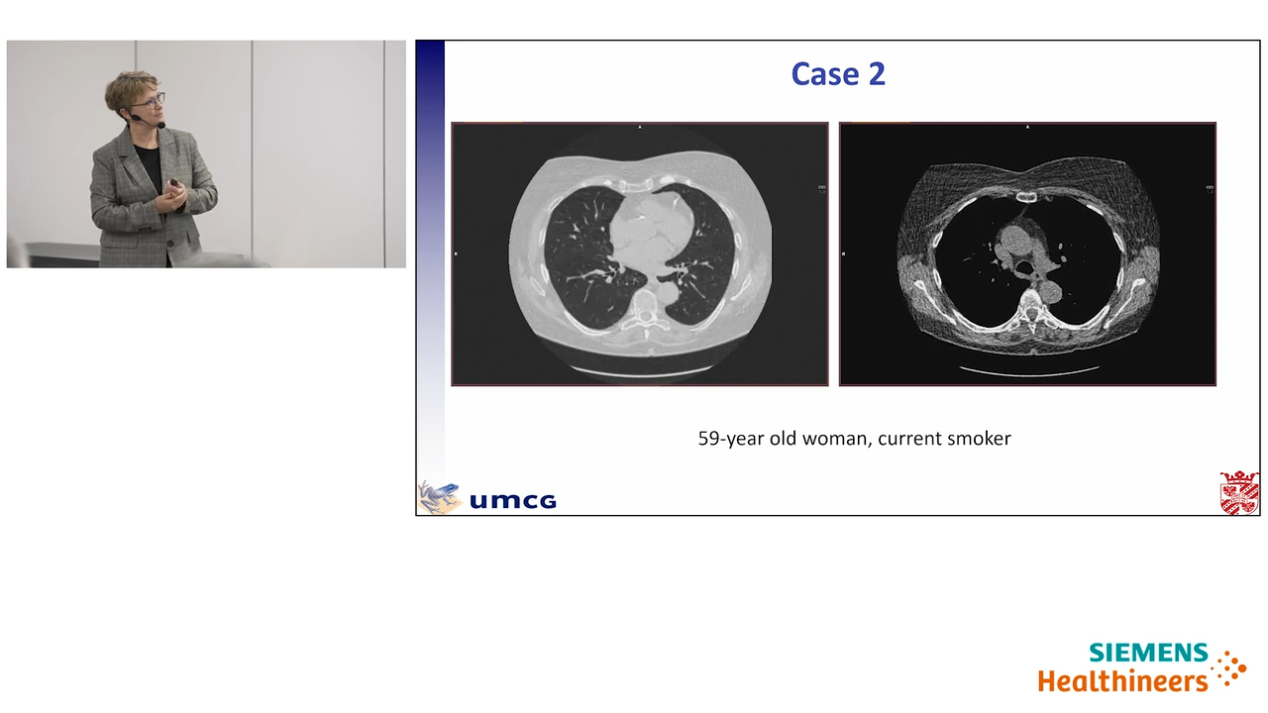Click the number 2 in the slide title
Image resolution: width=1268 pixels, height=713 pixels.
click(x=877, y=74)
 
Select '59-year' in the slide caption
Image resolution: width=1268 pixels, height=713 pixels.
click(x=731, y=439)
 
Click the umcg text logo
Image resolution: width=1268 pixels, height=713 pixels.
click(x=513, y=500)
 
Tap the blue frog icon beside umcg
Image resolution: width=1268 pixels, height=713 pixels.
click(x=439, y=497)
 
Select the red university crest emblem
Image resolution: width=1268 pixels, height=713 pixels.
click(x=1239, y=492)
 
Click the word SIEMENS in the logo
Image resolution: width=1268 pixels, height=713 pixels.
click(x=1148, y=653)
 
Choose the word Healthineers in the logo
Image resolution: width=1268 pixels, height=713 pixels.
click(x=1123, y=680)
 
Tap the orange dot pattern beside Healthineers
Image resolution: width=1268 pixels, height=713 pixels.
click(x=1230, y=668)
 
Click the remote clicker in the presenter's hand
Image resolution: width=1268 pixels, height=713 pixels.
click(x=174, y=183)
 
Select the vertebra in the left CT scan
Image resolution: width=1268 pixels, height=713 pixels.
click(x=645, y=310)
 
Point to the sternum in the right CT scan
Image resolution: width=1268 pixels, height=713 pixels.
click(x=1026, y=197)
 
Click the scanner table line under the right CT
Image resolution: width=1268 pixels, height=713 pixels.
click(x=1029, y=371)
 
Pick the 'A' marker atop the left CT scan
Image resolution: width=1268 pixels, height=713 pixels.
click(x=640, y=128)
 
